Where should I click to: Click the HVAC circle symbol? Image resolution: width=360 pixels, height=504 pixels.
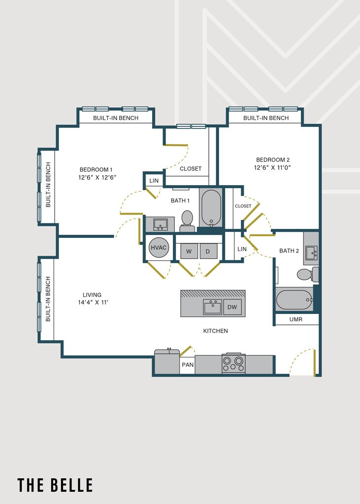tap(160, 248)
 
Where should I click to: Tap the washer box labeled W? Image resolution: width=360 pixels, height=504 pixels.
tap(189, 251)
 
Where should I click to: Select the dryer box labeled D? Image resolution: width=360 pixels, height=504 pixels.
tap(208, 251)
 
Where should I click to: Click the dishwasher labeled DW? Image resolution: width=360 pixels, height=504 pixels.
tap(232, 308)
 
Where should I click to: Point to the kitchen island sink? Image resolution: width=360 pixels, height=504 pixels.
tap(213, 307)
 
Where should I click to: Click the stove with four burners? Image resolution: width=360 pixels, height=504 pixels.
tap(233, 364)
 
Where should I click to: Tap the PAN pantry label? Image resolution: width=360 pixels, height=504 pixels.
tap(187, 365)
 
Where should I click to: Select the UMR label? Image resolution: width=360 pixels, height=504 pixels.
tap(296, 319)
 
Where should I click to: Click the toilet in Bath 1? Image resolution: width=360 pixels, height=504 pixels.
tap(187, 220)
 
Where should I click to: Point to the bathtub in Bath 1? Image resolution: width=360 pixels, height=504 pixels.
tap(211, 208)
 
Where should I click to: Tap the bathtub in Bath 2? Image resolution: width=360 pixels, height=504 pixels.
tap(294, 300)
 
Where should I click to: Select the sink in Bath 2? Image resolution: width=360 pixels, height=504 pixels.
tap(311, 252)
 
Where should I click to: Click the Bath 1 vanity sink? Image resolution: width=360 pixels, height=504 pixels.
tap(160, 224)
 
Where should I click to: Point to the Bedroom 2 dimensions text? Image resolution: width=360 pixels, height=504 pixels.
tap(272, 167)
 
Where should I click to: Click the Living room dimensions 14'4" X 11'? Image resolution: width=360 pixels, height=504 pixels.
tap(93, 302)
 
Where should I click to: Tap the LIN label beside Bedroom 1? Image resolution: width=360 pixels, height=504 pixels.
tap(154, 181)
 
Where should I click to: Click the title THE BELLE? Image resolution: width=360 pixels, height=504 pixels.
tap(55, 485)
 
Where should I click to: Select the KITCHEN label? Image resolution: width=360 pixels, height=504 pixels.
tap(216, 331)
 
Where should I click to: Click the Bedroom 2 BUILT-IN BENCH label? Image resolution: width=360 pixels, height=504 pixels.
tap(266, 118)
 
